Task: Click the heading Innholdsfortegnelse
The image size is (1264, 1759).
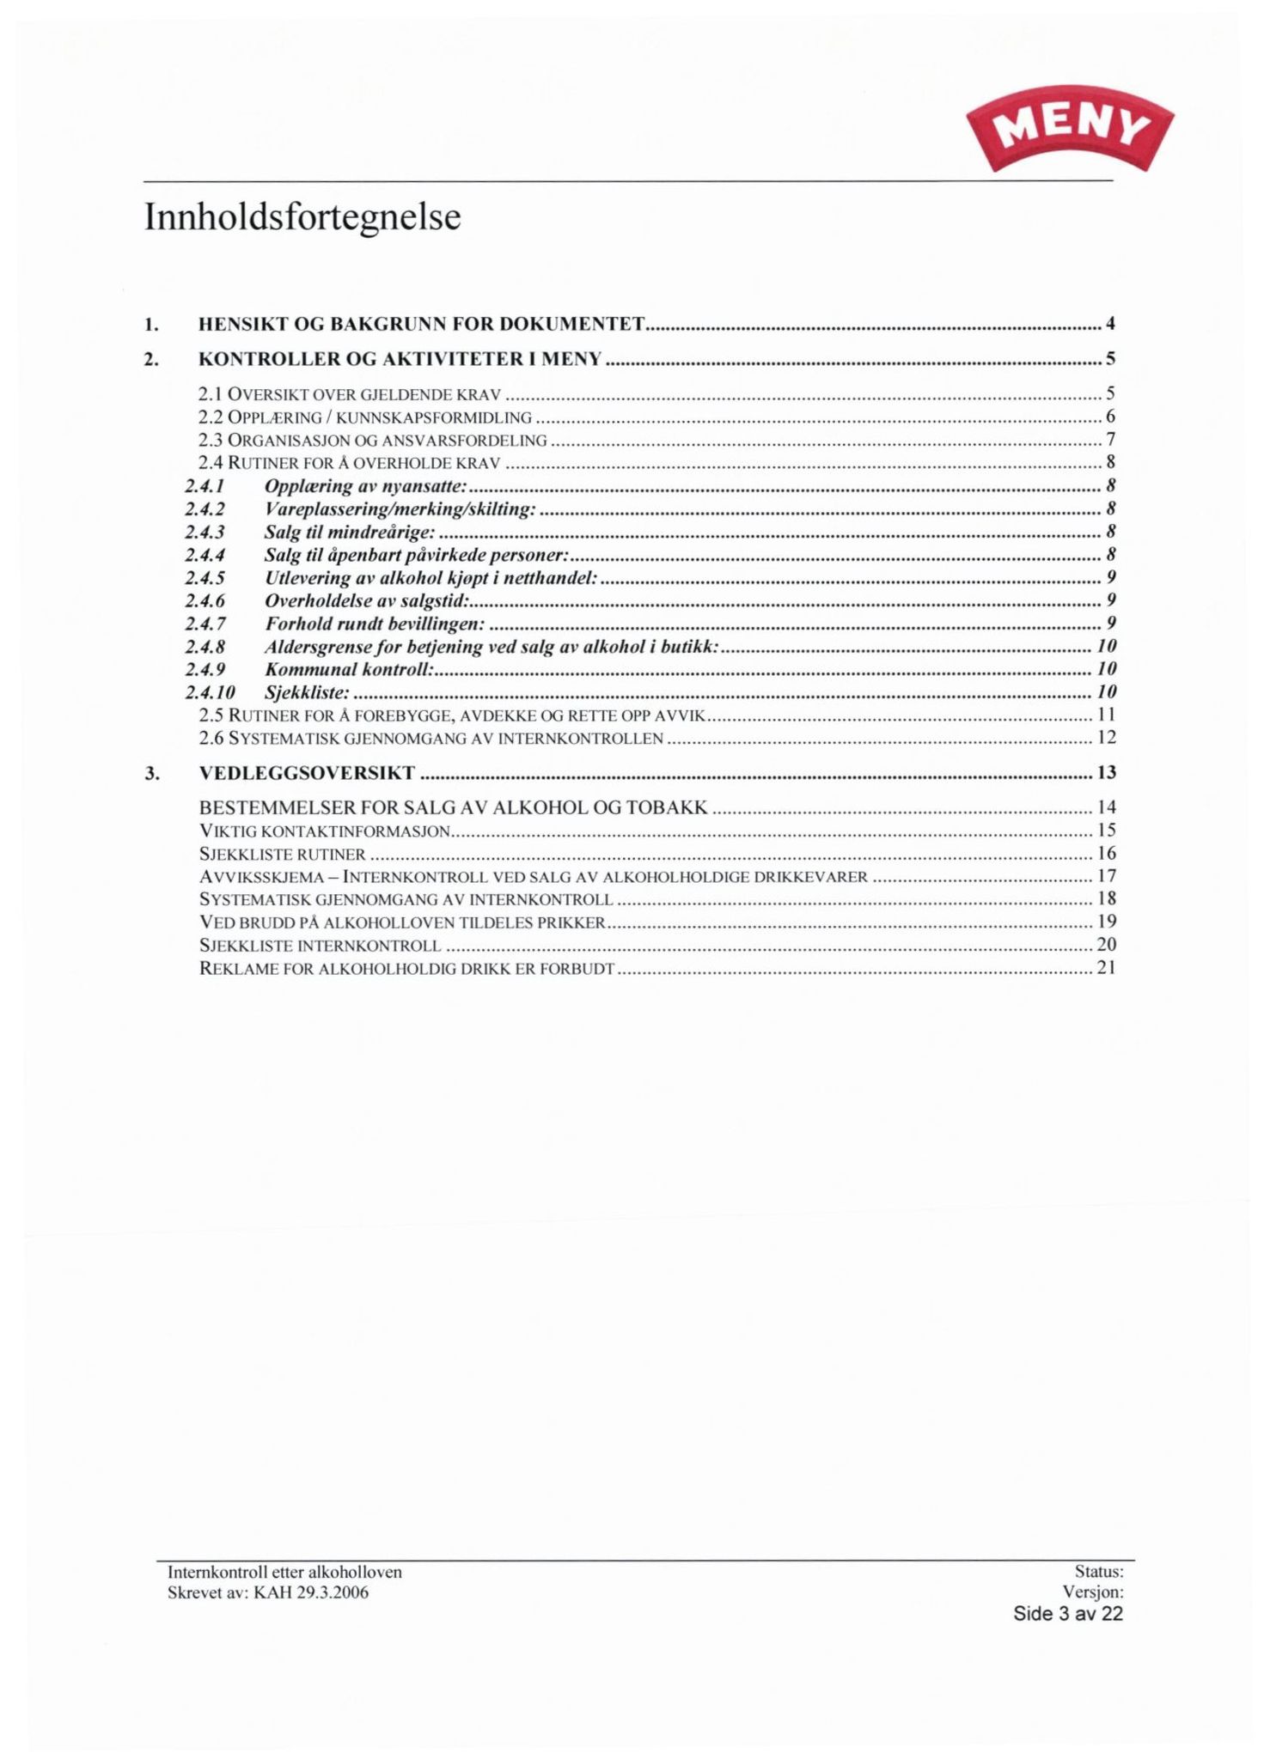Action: pyautogui.click(x=302, y=217)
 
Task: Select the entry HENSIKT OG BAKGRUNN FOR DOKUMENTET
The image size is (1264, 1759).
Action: pyautogui.click(x=421, y=324)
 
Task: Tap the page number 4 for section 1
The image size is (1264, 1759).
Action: pyautogui.click(x=1110, y=324)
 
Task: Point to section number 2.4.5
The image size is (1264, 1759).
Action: pyautogui.click(x=205, y=577)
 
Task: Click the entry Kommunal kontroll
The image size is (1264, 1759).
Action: pyautogui.click(x=347, y=668)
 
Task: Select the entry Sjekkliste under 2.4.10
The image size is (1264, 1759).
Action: pyautogui.click(x=307, y=691)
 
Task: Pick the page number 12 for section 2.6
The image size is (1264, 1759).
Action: pyautogui.click(x=1107, y=737)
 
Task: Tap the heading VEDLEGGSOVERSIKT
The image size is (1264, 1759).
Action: pyautogui.click(x=307, y=772)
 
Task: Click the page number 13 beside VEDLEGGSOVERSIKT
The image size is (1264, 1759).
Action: pyautogui.click(x=1107, y=772)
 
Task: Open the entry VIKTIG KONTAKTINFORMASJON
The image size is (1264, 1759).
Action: pyautogui.click(x=325, y=831)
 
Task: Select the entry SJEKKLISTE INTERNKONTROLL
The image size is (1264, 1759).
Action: pyautogui.click(x=320, y=946)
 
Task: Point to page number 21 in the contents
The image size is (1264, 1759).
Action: pyautogui.click(x=1107, y=968)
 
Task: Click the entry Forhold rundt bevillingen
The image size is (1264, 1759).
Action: pyautogui.click(x=374, y=623)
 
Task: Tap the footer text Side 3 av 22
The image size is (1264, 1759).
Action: pyautogui.click(x=1067, y=1614)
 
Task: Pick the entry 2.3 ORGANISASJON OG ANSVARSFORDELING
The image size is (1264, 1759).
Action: pyautogui.click(x=372, y=441)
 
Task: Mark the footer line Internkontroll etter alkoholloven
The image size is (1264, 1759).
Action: pyautogui.click(x=284, y=1573)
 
